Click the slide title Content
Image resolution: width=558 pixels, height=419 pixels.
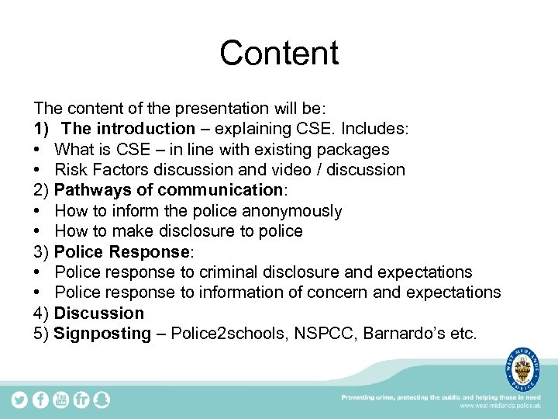(x=279, y=53)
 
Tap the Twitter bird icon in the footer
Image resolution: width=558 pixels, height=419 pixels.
(x=19, y=400)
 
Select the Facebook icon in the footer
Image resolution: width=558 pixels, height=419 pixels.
(x=40, y=400)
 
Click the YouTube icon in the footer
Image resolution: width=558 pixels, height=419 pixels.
(x=61, y=400)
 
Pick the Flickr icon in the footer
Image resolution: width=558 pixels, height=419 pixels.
(x=81, y=400)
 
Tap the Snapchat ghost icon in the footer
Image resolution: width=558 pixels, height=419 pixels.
(x=102, y=400)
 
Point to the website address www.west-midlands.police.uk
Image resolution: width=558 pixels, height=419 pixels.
(x=500, y=406)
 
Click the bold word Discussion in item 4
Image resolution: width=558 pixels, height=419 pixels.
(x=99, y=313)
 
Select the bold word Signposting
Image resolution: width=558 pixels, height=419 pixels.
(x=102, y=334)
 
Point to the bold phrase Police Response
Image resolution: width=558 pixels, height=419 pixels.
(x=122, y=252)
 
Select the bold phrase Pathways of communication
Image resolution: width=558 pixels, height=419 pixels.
(x=159, y=190)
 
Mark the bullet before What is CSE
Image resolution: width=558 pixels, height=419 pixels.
(x=38, y=149)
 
